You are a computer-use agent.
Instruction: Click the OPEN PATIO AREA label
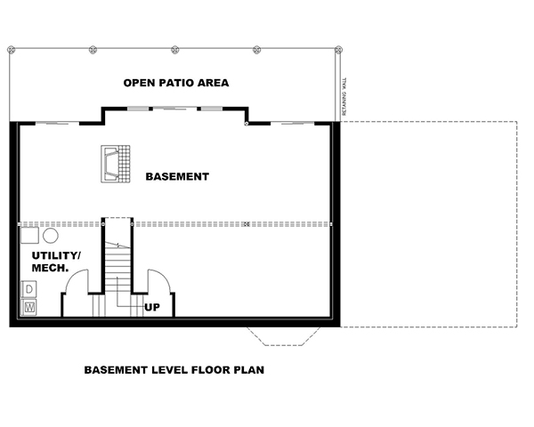(x=176, y=83)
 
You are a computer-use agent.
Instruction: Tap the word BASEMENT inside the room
(x=178, y=176)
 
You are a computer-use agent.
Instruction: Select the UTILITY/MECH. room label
(x=55, y=262)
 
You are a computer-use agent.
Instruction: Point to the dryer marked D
(x=29, y=289)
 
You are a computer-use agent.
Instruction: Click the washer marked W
(x=29, y=307)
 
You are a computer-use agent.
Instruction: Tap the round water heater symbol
(x=51, y=236)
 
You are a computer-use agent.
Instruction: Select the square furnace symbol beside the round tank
(x=30, y=236)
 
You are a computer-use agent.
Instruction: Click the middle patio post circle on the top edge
(x=174, y=48)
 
